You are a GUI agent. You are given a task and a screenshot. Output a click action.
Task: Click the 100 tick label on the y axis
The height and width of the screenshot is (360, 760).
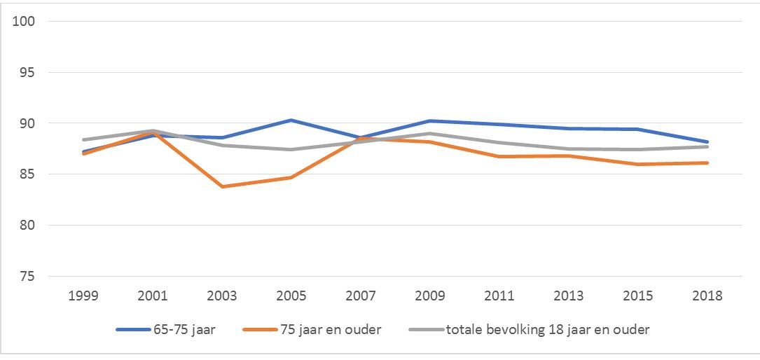pos(28,21)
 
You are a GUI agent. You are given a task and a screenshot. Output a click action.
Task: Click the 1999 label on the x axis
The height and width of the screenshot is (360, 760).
pos(84,296)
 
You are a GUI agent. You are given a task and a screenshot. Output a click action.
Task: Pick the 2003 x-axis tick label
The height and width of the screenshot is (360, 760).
pos(223,296)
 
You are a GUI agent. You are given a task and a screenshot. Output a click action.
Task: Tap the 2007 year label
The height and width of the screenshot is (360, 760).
pos(361,296)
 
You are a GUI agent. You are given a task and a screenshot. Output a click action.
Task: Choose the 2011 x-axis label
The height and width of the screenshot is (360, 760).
pos(500,296)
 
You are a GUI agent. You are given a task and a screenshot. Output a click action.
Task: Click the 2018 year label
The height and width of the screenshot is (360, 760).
pos(707,296)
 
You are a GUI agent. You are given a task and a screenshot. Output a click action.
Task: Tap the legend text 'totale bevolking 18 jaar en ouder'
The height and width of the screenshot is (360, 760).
pos(548,329)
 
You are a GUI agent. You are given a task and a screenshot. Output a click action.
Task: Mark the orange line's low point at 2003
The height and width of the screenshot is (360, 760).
pos(223,186)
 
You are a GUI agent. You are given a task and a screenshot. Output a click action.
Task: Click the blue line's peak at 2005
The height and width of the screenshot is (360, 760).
pos(291,120)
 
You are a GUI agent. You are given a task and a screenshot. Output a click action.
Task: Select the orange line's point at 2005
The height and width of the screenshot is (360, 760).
pos(291,177)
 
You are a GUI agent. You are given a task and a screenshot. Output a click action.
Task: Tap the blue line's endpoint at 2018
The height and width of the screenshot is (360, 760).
pos(707,141)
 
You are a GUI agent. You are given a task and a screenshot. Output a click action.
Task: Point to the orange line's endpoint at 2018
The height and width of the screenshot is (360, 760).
pos(707,162)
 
